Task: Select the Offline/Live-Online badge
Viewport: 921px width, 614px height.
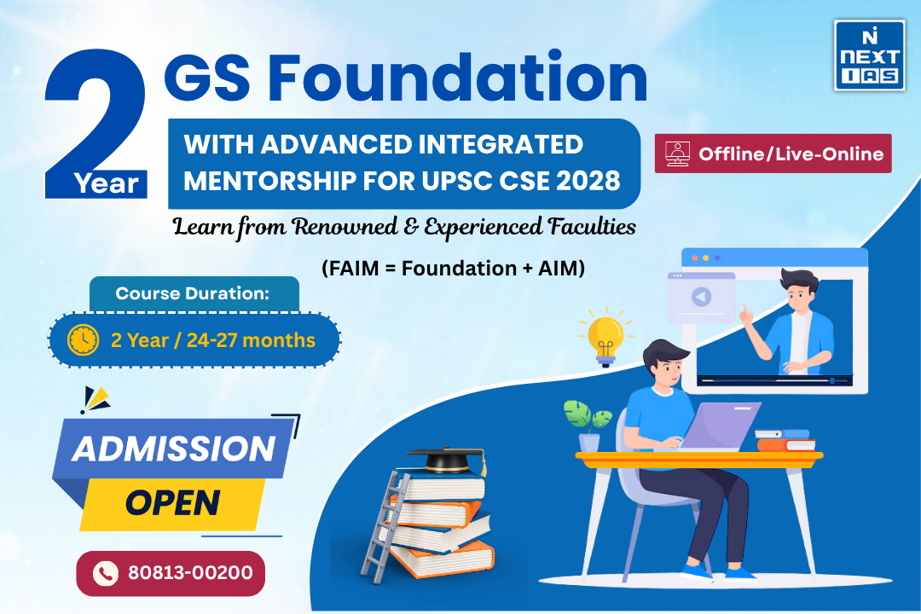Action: [x=773, y=154]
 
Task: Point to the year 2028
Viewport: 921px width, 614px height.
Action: [x=589, y=181]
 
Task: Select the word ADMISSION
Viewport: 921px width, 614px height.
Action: [x=174, y=449]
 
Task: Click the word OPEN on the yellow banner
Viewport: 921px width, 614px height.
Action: [x=173, y=502]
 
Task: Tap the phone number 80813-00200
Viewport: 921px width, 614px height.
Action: [x=190, y=572]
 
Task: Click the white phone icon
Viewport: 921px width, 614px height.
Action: [x=105, y=573]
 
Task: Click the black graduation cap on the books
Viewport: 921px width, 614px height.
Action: [x=446, y=460]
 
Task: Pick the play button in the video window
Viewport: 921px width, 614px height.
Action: [x=700, y=298]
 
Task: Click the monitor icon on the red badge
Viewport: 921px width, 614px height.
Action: [x=677, y=153]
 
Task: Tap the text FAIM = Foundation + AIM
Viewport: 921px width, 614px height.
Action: [x=453, y=268]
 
